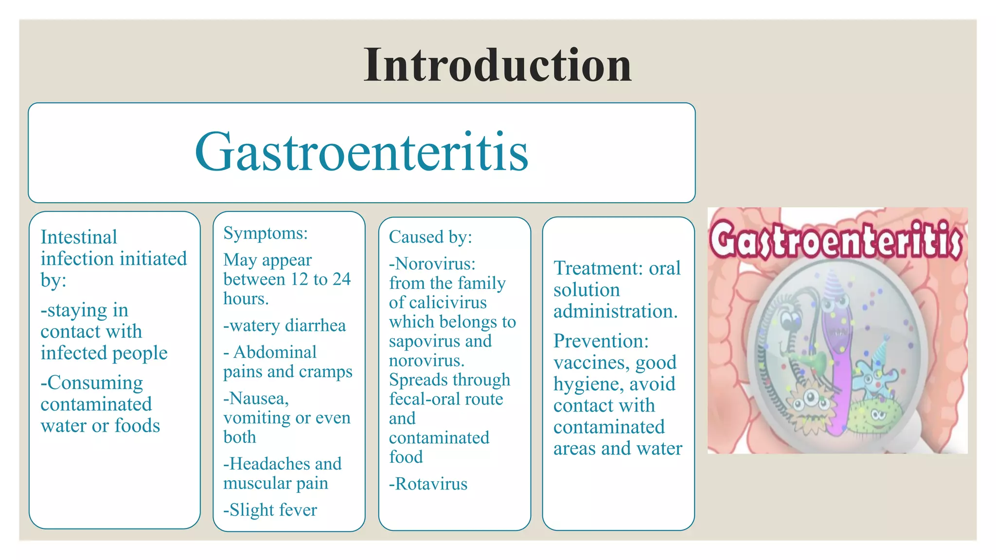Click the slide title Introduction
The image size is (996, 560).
(498, 65)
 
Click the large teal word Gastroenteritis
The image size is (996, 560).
(361, 152)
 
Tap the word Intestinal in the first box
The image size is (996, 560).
(79, 237)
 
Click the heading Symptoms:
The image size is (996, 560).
(266, 233)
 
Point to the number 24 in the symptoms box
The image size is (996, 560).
(341, 279)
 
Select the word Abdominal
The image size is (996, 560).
(275, 352)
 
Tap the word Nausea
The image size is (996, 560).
(258, 399)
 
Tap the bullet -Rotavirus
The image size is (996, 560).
(428, 484)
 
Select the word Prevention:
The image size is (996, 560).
(601, 341)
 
